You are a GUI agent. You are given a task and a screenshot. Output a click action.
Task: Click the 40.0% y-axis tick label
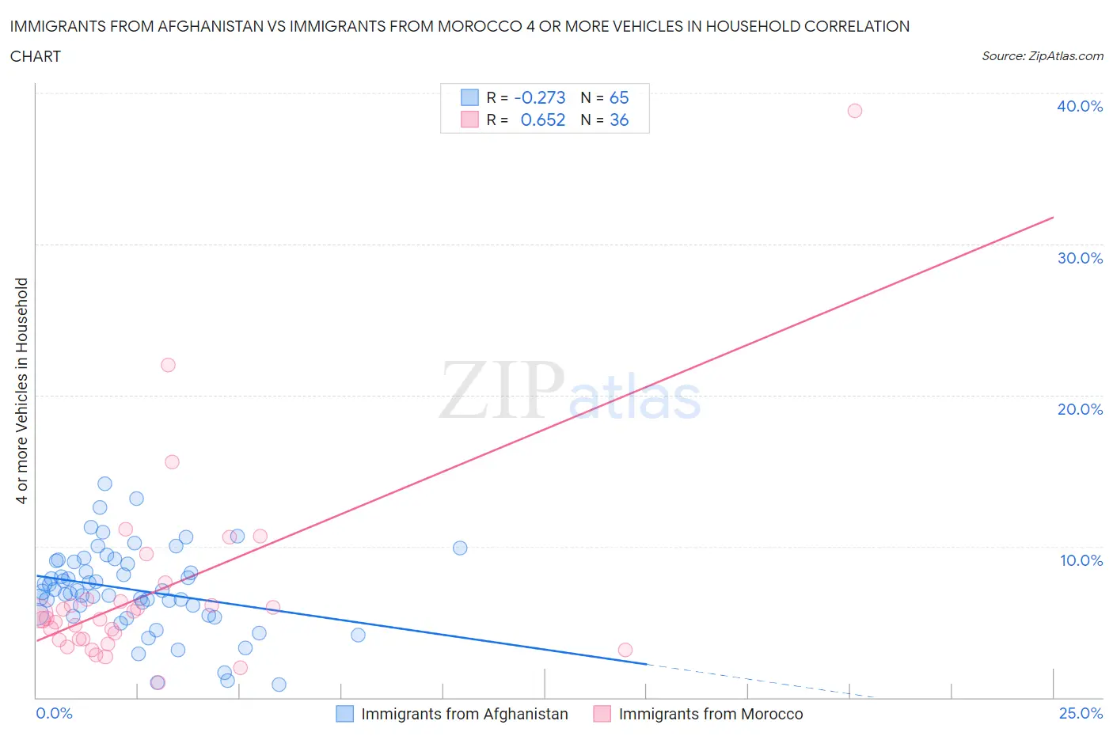(1080, 106)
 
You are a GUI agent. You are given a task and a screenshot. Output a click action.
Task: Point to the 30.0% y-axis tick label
(1080, 258)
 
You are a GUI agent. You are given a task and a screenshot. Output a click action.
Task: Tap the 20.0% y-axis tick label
(1080, 409)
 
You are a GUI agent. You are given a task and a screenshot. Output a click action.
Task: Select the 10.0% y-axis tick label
(1081, 560)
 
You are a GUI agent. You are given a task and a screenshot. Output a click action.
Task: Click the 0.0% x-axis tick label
(54, 713)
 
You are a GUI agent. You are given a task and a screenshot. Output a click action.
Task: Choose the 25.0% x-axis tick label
(1081, 713)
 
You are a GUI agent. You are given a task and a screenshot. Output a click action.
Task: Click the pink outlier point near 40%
(854, 111)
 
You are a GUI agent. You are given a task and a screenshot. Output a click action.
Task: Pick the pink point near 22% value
(168, 365)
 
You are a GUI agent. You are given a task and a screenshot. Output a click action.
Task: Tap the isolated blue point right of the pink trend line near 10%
(460, 548)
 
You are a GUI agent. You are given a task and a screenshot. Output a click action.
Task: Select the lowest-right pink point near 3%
(625, 650)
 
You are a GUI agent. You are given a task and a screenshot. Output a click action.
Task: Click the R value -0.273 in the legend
(540, 97)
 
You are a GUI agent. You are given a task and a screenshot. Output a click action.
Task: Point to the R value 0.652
(543, 120)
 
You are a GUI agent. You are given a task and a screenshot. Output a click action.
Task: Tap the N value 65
(619, 97)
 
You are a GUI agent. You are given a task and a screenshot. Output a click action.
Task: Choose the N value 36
(619, 120)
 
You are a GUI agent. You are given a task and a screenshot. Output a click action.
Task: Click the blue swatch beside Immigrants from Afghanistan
(344, 714)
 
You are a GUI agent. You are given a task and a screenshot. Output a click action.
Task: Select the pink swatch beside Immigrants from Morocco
(602, 714)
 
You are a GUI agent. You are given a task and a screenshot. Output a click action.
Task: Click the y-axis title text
(21, 390)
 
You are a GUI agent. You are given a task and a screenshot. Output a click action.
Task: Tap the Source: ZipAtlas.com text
(1042, 55)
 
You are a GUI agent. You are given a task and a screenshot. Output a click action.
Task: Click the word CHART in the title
(36, 56)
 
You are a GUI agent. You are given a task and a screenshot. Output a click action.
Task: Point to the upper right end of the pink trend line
(1053, 217)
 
